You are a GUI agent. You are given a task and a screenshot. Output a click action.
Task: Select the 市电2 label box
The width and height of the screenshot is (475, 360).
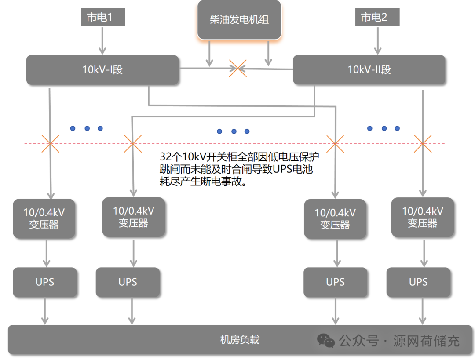(377, 18)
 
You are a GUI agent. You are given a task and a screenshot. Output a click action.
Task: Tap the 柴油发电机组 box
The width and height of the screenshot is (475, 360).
(239, 20)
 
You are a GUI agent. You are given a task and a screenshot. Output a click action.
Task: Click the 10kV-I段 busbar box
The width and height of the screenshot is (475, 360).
(102, 69)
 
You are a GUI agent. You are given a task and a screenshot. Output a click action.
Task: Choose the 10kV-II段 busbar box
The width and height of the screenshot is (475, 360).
(369, 69)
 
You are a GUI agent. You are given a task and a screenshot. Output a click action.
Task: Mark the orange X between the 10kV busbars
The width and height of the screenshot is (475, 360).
(237, 68)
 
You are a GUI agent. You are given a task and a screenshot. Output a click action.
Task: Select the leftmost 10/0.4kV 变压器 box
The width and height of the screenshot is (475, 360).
(44, 218)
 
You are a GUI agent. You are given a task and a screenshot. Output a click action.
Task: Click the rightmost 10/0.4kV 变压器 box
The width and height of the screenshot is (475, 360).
(422, 217)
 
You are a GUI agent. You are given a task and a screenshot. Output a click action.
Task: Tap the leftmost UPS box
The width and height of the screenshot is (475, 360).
(45, 282)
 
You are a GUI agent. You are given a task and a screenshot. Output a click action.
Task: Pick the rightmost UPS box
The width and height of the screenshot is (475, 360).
(418, 282)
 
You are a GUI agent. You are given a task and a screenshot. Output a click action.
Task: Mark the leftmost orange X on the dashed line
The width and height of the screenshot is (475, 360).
(50, 143)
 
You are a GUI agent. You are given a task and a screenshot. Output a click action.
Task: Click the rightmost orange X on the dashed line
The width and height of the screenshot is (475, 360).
(423, 143)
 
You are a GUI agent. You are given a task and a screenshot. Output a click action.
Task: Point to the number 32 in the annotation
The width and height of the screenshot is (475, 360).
(165, 157)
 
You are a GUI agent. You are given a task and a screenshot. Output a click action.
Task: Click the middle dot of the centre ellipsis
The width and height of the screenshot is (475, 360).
(234, 131)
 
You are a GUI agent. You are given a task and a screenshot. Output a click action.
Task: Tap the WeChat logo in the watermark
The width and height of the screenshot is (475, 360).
(326, 340)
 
